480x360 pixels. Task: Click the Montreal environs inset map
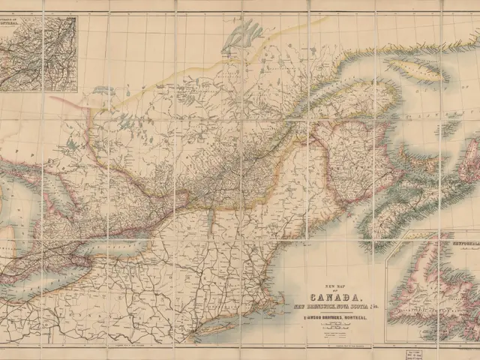click(39, 54)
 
